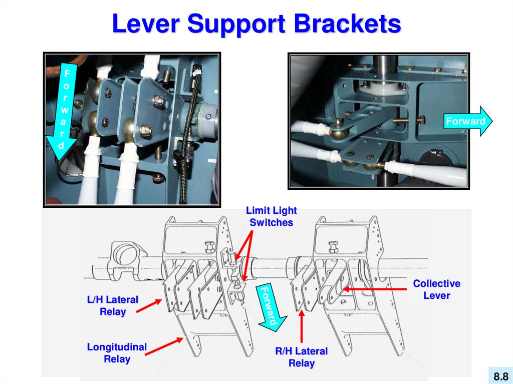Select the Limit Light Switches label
tap(271, 217)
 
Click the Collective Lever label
tap(436, 289)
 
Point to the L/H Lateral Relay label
tap(112, 305)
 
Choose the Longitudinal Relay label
tap(117, 352)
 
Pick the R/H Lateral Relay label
tap(301, 357)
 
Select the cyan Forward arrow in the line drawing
tap(270, 305)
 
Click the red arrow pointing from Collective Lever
tap(375, 289)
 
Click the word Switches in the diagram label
tap(271, 223)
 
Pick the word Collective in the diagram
tap(436, 283)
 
